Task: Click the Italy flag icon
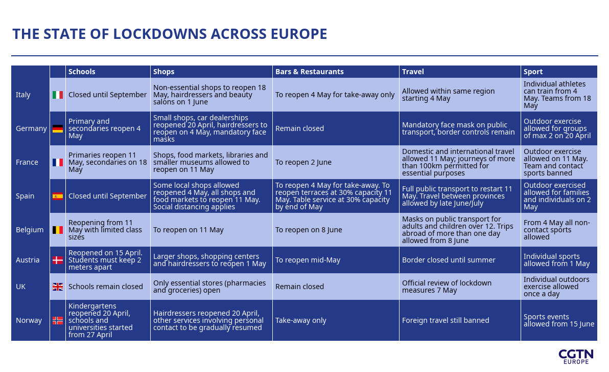tap(58, 95)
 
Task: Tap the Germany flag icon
tap(58, 128)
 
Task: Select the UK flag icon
tap(58, 287)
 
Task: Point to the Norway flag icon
tap(58, 320)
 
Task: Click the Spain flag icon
tap(58, 196)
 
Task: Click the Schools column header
tap(82, 72)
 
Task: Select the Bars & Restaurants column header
tap(310, 72)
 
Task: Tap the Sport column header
tap(533, 72)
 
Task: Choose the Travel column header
tap(413, 72)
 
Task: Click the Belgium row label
tap(30, 230)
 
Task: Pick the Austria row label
tap(28, 260)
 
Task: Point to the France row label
tap(27, 162)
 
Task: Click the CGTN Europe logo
tap(576, 356)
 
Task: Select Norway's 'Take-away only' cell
tap(300, 320)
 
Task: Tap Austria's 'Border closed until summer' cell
tap(449, 260)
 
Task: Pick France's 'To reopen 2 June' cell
tap(303, 162)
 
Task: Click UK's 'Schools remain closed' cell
tap(106, 287)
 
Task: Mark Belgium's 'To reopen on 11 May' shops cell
tap(189, 230)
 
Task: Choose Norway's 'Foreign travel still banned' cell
tap(446, 320)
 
